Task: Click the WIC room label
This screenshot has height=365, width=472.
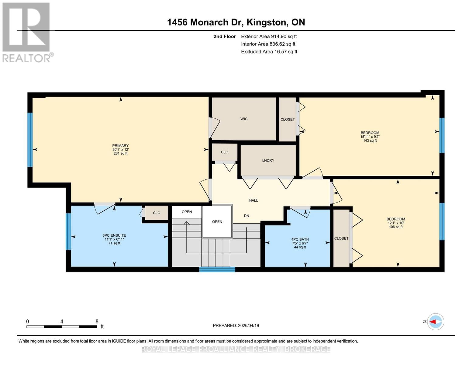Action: click(244, 119)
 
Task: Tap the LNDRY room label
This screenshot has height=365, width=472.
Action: click(268, 160)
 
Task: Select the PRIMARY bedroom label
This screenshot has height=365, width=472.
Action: click(120, 146)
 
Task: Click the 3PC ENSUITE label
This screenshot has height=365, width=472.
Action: click(114, 235)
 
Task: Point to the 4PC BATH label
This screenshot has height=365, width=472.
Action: click(300, 239)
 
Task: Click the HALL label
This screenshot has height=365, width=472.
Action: click(253, 200)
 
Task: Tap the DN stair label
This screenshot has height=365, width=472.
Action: click(246, 216)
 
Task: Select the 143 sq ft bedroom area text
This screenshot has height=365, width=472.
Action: click(370, 141)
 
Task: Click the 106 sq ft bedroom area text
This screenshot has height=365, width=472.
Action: click(396, 227)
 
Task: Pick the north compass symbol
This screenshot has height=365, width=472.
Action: click(436, 322)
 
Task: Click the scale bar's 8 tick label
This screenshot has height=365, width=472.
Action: click(97, 322)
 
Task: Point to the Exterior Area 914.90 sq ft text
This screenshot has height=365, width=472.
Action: click(269, 36)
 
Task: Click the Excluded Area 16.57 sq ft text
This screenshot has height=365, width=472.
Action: click(269, 52)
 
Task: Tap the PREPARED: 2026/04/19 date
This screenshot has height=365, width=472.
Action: click(236, 325)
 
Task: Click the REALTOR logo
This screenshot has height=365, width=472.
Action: click(27, 32)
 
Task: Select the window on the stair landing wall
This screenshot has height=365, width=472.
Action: click(217, 269)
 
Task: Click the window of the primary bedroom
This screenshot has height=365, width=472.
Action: click(30, 140)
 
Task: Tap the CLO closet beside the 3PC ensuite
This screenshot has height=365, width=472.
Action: click(157, 213)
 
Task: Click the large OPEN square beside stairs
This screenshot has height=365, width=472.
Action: click(217, 222)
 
